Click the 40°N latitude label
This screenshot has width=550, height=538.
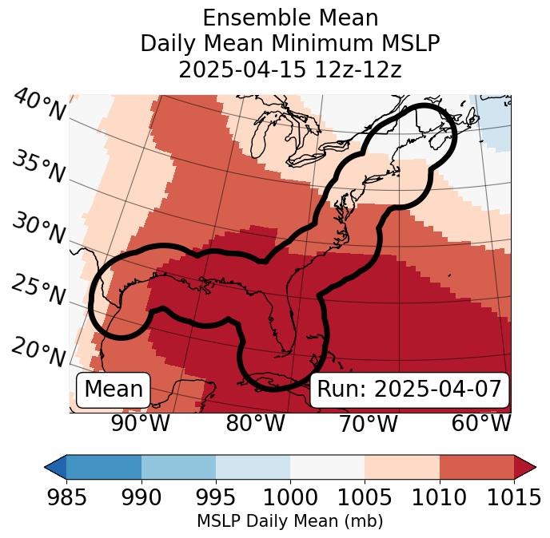pos(39,106)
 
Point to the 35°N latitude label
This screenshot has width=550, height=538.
pos(38,167)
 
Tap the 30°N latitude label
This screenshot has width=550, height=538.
pos(38,229)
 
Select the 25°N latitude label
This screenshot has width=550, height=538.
pos(38,291)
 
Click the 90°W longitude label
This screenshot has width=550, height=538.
pos(141,424)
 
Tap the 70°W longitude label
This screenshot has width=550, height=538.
pos(367,424)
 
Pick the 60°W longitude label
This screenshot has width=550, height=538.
pos(481,424)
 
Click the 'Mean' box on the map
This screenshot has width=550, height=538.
pos(114,390)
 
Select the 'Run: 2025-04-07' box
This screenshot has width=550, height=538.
pos(409,390)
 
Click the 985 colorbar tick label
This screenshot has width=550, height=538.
pos(67,497)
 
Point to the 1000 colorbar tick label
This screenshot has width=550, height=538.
pos(290,497)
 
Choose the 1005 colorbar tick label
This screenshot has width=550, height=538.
pos(365,497)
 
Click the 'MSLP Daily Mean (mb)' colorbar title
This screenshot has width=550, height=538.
pos(290,522)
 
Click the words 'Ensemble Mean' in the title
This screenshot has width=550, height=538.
pos(290,18)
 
